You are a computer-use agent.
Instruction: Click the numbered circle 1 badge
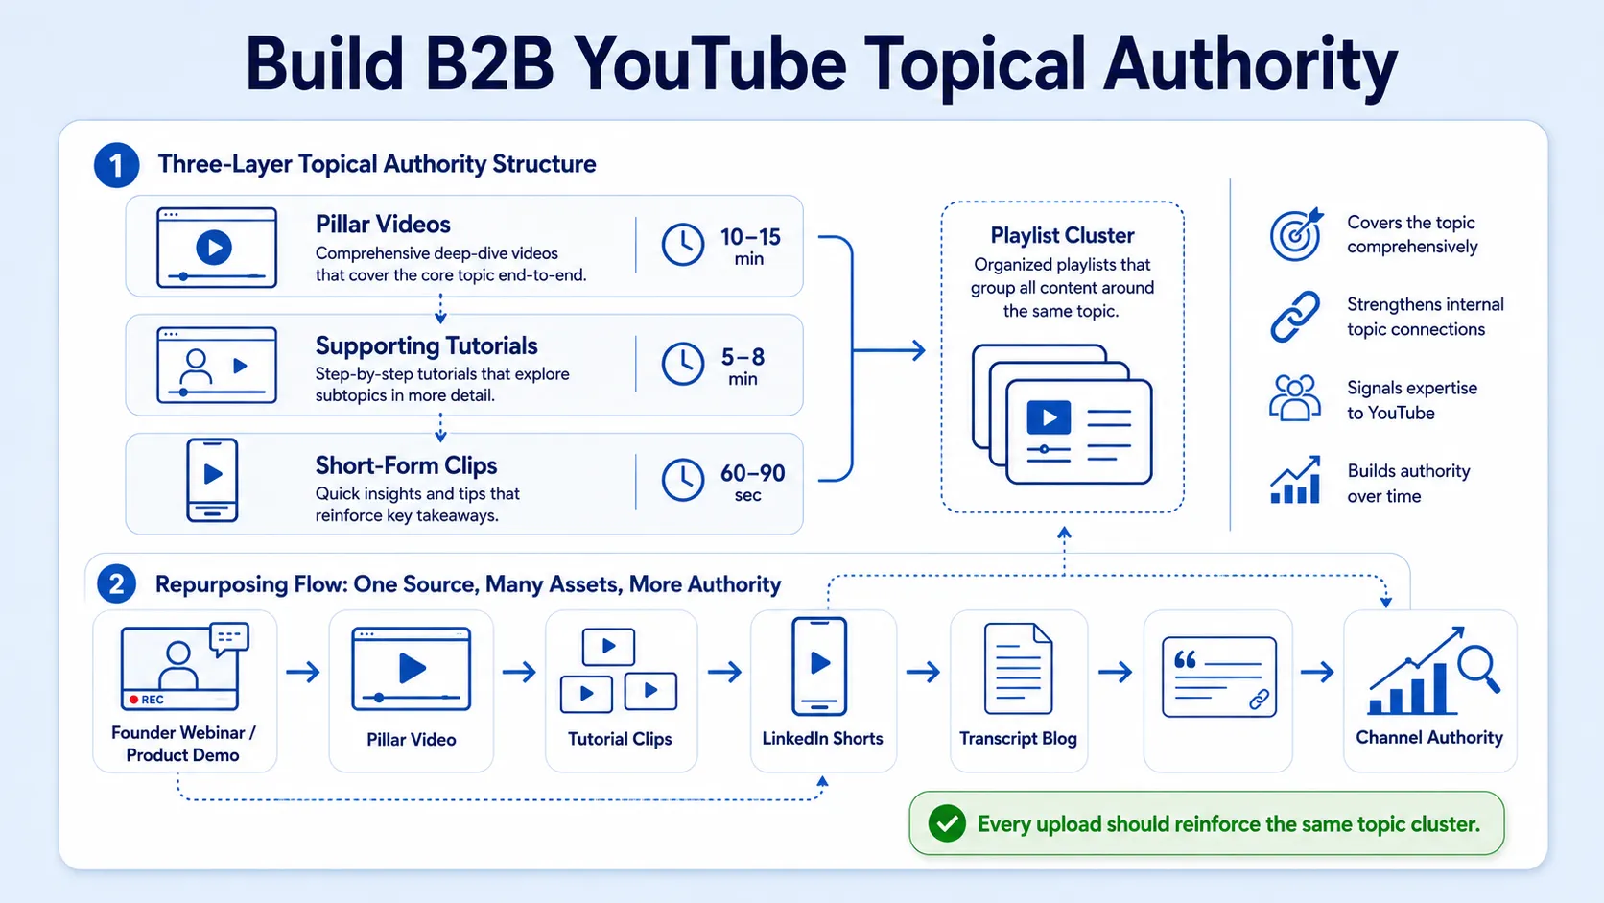116,165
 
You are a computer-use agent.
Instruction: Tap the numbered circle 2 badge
116,583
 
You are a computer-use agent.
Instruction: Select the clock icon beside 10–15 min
682,245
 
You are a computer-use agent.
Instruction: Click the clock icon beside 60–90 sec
682,480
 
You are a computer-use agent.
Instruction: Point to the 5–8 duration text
743,357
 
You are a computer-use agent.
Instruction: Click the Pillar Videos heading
383,225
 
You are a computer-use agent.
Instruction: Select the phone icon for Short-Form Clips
212,480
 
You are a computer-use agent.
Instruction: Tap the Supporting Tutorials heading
426,345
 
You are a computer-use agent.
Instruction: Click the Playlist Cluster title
1062,236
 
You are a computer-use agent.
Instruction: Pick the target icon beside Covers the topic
1296,234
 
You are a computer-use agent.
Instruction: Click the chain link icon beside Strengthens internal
1295,317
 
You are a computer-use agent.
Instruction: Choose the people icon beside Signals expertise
1295,398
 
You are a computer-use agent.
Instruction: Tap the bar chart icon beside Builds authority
1295,480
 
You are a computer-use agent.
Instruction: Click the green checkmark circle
947,823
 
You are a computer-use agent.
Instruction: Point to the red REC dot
133,700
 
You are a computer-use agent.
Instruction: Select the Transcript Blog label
1018,738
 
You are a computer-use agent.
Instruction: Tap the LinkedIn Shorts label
822,738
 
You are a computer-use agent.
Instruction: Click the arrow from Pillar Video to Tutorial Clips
519,672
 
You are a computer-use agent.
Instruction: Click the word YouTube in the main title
710,63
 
